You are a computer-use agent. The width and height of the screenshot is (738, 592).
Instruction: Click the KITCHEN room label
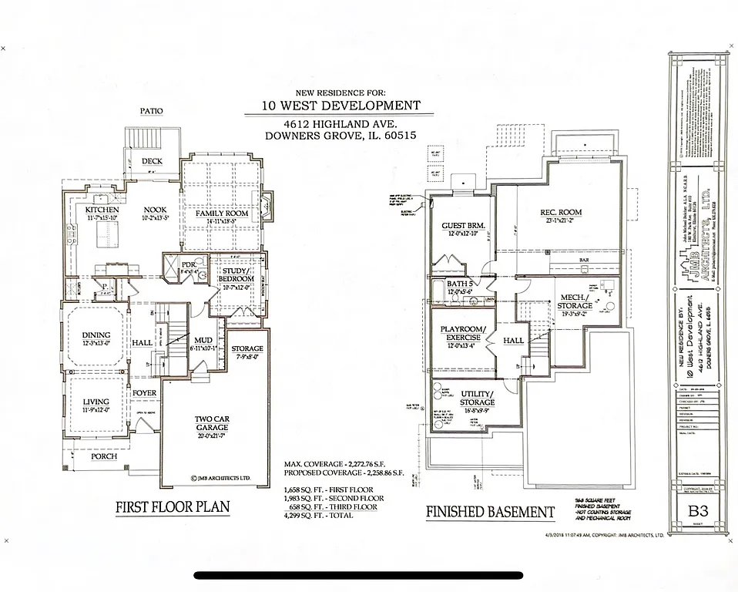101,210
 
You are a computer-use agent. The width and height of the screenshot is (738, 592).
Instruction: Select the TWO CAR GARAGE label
210,423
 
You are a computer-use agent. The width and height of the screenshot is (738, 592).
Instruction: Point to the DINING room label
96,335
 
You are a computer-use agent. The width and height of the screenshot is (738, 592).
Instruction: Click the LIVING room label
96,402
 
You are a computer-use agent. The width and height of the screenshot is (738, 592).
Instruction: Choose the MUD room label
203,339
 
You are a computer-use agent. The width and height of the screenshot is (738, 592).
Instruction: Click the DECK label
153,161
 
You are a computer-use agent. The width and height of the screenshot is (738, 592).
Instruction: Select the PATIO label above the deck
151,111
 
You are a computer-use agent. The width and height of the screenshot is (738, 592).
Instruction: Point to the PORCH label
103,456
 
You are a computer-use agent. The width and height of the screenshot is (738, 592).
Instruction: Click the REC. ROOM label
560,212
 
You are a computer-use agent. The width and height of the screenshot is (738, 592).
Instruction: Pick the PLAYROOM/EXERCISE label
461,333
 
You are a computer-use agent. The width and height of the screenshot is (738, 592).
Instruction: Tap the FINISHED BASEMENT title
490,511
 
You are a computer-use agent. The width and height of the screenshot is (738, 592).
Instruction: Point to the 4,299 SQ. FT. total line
318,515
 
